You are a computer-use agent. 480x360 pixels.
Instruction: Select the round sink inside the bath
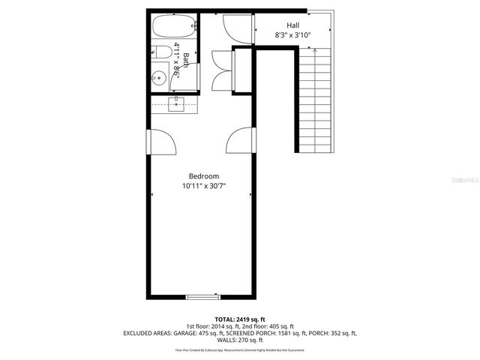click(x=159, y=76)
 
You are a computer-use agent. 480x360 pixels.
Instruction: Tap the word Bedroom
click(x=204, y=175)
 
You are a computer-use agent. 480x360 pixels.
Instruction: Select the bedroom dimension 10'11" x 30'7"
click(x=204, y=186)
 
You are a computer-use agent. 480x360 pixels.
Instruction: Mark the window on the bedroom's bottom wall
click(x=204, y=297)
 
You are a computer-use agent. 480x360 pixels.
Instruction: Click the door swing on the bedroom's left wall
click(x=163, y=142)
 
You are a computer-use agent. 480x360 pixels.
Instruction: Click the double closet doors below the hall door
click(x=223, y=65)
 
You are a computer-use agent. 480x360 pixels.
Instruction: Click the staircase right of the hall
click(x=314, y=97)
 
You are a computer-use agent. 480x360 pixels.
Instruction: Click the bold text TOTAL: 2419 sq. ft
click(x=240, y=319)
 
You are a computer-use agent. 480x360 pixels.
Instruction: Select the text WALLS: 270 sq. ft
click(x=240, y=340)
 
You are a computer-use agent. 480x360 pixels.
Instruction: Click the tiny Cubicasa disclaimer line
click(x=240, y=349)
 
